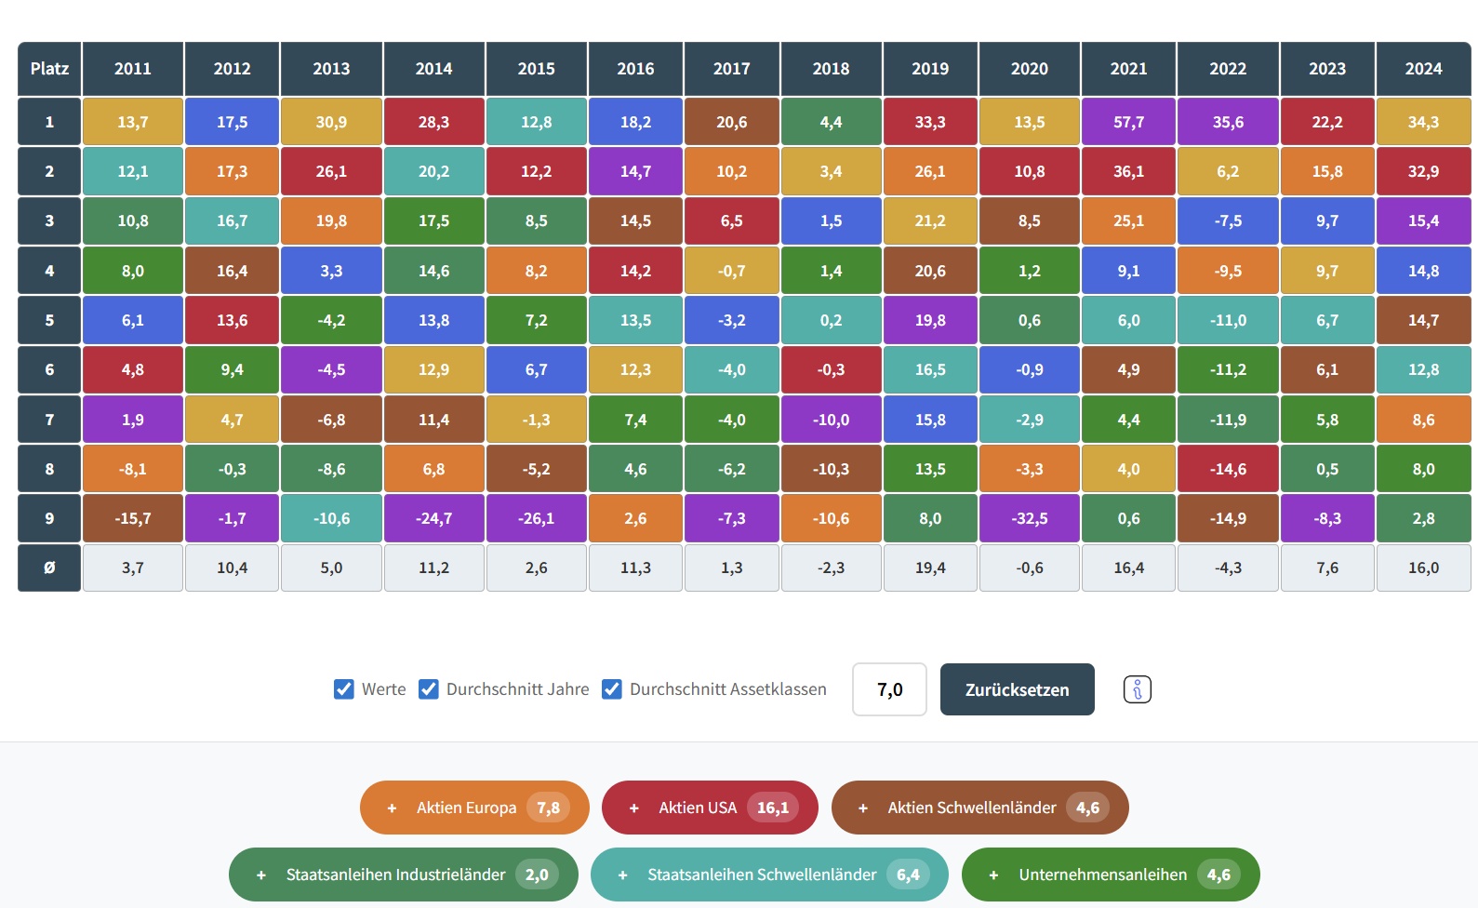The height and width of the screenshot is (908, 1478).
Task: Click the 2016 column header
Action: [635, 69]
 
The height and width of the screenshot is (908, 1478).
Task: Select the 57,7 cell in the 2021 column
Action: [1128, 122]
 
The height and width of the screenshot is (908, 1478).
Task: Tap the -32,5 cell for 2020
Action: [1029, 518]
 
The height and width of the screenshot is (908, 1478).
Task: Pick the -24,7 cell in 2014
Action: [433, 518]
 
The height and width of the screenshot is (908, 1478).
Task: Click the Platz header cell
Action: [49, 69]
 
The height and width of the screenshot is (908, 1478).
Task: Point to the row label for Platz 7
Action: [49, 420]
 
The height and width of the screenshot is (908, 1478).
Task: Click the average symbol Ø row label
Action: [49, 567]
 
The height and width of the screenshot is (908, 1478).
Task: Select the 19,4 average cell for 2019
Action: [930, 567]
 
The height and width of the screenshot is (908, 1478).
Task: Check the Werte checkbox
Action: [344, 689]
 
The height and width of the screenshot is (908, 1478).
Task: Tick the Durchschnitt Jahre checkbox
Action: [429, 689]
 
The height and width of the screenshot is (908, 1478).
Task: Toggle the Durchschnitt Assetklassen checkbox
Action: [612, 689]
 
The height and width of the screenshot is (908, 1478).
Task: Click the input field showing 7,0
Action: [889, 689]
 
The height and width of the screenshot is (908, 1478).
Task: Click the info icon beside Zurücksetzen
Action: [1137, 689]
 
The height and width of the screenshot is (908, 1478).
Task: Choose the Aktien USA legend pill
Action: [709, 808]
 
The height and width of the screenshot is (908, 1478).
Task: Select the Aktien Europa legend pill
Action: [474, 808]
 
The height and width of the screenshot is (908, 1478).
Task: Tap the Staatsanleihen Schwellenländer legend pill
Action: [768, 875]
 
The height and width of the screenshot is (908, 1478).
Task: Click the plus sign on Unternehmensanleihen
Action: [993, 875]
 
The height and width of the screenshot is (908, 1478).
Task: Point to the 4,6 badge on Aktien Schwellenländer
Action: [1087, 808]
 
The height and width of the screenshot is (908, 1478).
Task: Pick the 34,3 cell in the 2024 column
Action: [1423, 122]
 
